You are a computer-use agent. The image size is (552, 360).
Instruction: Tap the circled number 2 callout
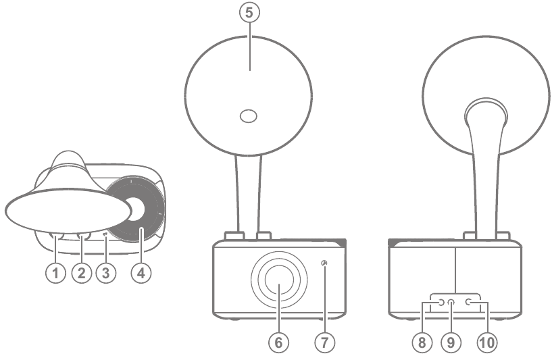click(81, 274)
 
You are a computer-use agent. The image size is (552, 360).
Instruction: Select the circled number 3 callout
click(105, 274)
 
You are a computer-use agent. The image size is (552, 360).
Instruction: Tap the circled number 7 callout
click(325, 342)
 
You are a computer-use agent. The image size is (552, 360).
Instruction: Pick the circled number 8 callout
click(423, 342)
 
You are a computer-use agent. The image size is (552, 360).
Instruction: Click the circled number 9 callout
click(451, 342)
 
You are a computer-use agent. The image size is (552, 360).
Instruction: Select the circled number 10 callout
click(486, 342)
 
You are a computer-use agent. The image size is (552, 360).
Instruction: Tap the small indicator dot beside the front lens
click(325, 263)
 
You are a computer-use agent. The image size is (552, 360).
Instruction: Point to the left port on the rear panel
click(440, 303)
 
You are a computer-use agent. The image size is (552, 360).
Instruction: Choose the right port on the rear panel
click(468, 303)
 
